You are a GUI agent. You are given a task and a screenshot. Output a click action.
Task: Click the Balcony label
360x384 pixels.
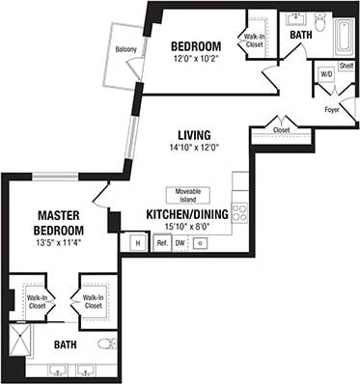tap(125, 49)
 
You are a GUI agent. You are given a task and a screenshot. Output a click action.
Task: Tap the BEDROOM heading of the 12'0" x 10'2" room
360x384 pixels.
tap(196, 46)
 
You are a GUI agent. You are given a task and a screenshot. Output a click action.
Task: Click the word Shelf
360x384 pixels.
tap(346, 66)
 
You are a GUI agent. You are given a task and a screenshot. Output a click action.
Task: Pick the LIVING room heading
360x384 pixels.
tap(194, 134)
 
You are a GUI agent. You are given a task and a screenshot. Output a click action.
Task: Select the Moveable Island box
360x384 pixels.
tap(184, 195)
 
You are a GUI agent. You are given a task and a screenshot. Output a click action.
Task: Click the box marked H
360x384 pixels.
tap(136, 244)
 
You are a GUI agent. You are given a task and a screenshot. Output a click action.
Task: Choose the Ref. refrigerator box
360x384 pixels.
tap(162, 244)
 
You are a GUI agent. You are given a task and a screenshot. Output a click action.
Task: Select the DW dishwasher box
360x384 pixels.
tap(180, 244)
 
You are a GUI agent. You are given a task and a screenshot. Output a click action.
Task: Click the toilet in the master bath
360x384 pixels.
tap(107, 343)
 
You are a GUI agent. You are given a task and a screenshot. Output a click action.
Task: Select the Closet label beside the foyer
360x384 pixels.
tap(281, 129)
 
